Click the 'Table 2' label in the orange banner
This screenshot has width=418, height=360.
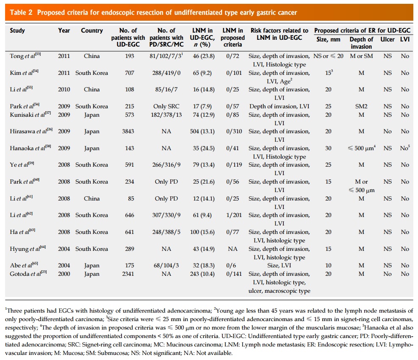click(21, 13)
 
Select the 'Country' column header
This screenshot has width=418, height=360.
click(92, 30)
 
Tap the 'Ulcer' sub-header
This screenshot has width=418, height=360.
click(388, 39)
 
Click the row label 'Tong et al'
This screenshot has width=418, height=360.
click(25, 56)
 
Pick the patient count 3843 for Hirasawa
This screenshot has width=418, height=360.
click(128, 131)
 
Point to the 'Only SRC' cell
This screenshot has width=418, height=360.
click(166, 106)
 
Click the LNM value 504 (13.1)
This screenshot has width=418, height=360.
click(202, 131)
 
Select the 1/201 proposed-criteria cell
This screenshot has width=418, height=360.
click(234, 215)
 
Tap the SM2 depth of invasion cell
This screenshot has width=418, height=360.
click(361, 106)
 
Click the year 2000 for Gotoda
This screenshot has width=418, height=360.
click(64, 274)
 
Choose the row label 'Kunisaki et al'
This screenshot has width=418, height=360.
click(30, 115)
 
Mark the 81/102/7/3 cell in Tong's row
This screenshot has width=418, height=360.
click(166, 56)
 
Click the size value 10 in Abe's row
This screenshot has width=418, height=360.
click(328, 266)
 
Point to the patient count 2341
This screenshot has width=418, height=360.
click(128, 274)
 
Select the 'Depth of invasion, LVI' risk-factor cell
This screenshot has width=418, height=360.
click(280, 106)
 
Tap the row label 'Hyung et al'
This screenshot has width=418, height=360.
click(28, 249)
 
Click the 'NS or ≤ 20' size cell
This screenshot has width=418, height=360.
click(328, 56)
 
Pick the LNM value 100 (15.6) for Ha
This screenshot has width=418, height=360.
click(202, 232)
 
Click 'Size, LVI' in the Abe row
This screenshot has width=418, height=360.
click(279, 266)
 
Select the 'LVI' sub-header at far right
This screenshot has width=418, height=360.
click(405, 39)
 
